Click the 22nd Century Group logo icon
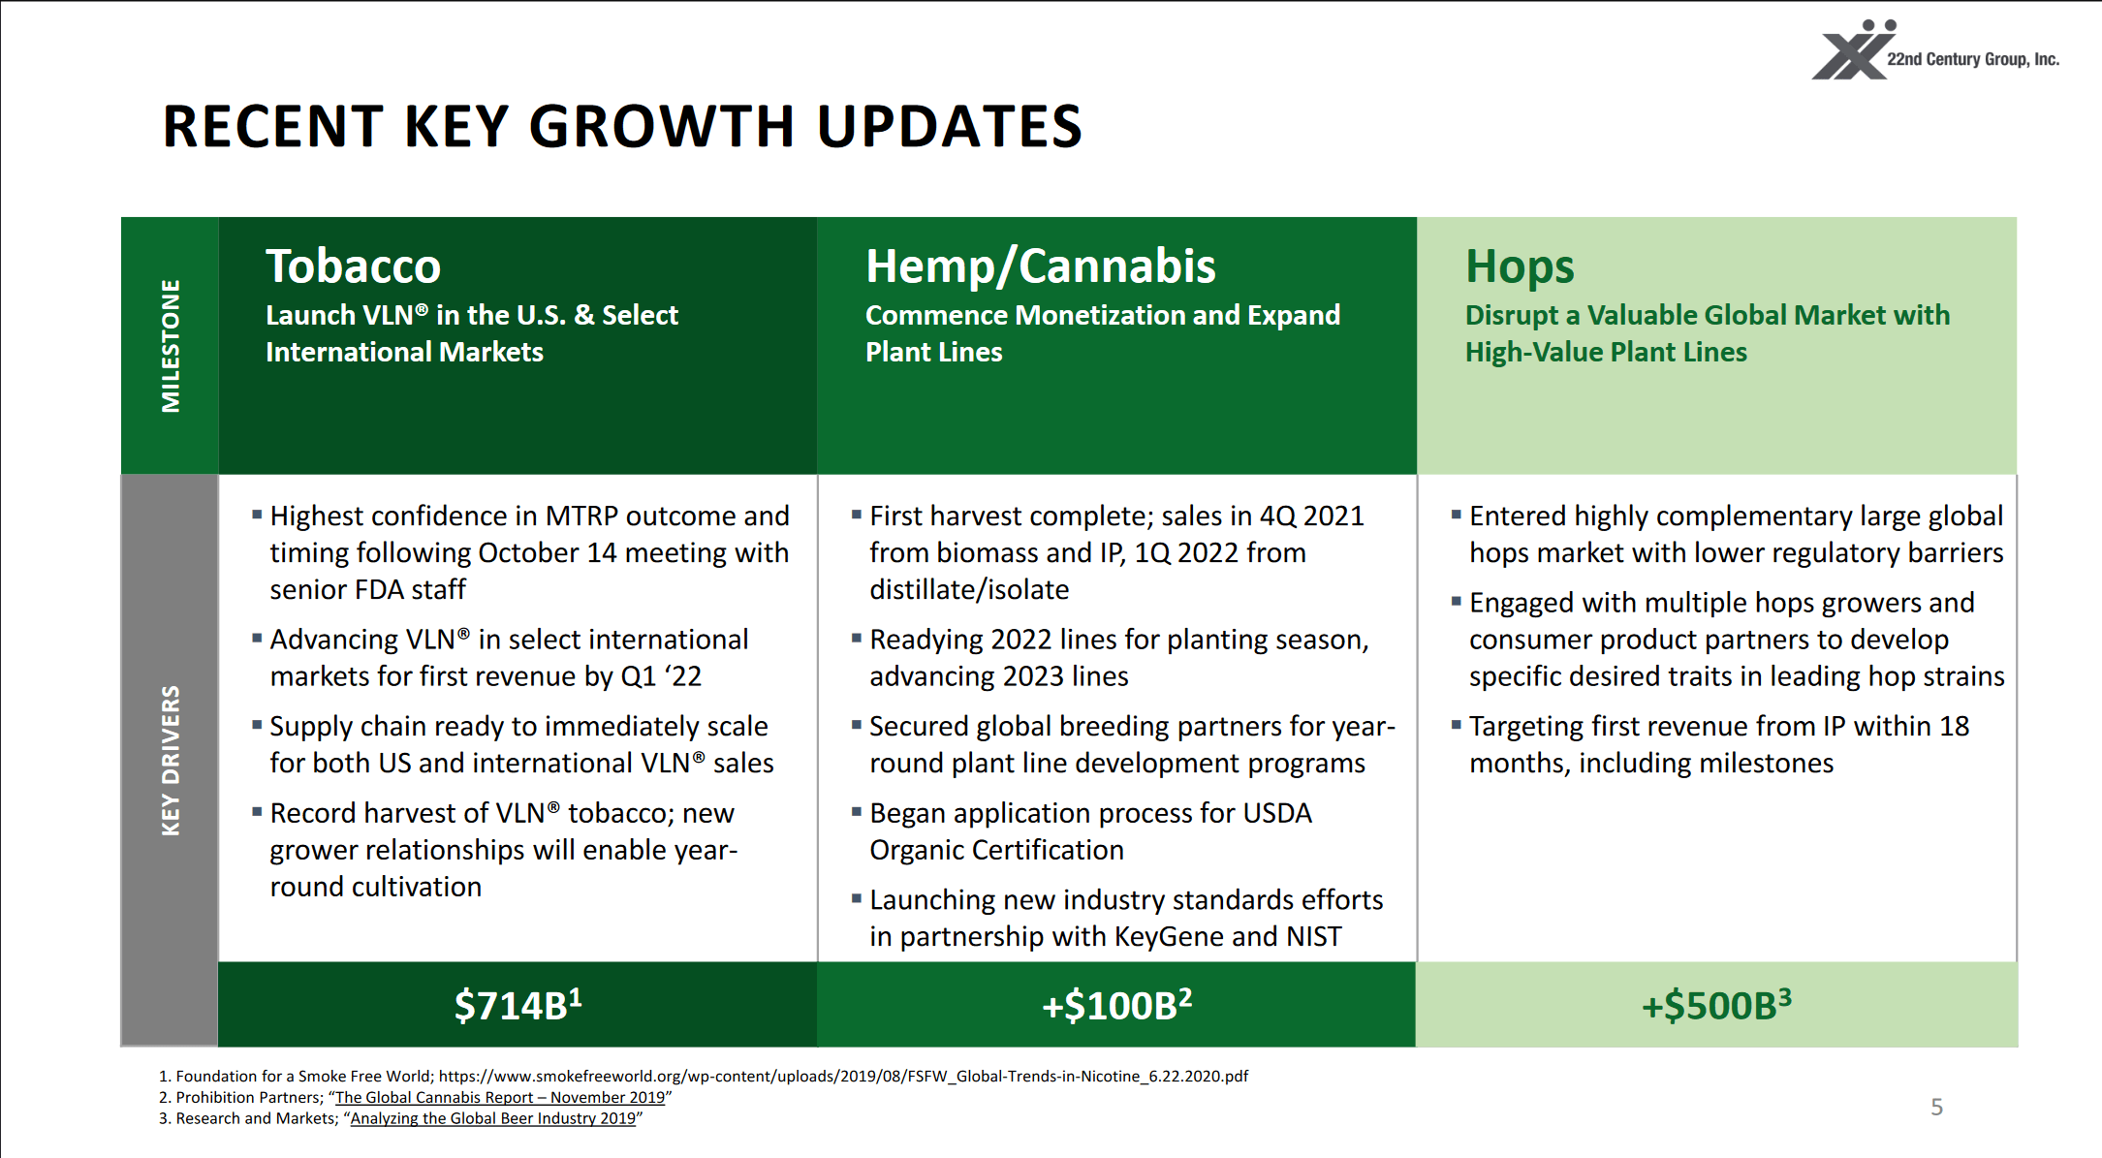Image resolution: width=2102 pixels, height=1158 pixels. click(x=1852, y=52)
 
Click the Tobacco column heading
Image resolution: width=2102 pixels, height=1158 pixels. click(x=353, y=266)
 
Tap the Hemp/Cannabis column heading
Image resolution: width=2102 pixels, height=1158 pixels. click(x=1040, y=266)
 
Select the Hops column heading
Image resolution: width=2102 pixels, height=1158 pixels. click(x=1519, y=266)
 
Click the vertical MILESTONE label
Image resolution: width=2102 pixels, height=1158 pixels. click(x=171, y=346)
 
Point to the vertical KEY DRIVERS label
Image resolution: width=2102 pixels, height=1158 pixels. click(x=171, y=761)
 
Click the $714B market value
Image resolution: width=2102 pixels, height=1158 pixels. click(x=518, y=1005)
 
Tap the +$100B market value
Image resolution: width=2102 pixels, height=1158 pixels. click(x=1116, y=1005)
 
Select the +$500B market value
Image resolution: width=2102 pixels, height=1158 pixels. click(x=1715, y=1005)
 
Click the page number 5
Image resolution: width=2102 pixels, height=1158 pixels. click(x=1936, y=1107)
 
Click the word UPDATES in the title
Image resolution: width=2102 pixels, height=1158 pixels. click(x=949, y=127)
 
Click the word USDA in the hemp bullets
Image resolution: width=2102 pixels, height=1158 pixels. click(x=1276, y=813)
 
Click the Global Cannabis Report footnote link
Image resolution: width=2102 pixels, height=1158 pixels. click(x=500, y=1097)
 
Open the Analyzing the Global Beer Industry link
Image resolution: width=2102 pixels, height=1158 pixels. click(x=492, y=1118)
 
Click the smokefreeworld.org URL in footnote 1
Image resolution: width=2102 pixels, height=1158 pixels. click(x=843, y=1076)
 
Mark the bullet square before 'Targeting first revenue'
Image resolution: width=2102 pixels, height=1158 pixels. click(x=1456, y=725)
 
